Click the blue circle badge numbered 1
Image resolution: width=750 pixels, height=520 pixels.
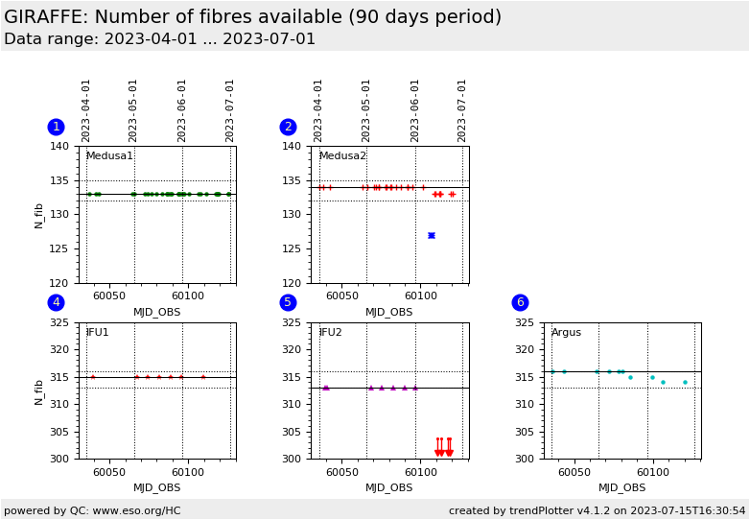pos(56,127)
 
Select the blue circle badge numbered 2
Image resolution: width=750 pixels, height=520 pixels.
pos(288,127)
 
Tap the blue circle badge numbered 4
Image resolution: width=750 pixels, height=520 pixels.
pos(56,302)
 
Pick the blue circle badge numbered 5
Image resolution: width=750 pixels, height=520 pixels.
pos(288,302)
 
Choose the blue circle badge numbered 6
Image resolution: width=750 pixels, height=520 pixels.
pos(520,302)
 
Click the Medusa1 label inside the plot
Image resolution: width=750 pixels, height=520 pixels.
pos(109,156)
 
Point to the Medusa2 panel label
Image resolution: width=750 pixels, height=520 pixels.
pos(341,156)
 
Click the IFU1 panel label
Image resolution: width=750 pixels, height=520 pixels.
pos(97,333)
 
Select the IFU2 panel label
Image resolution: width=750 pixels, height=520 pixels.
pos(330,333)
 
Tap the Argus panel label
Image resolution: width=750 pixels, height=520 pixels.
pos(566,333)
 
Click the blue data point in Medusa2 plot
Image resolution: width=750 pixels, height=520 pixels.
pos(432,235)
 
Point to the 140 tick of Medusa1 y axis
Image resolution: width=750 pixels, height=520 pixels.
pos(59,146)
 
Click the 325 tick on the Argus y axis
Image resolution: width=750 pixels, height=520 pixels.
pos(524,322)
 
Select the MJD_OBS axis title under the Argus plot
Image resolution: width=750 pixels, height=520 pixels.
pos(621,488)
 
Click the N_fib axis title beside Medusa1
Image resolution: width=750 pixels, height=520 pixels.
pos(39,215)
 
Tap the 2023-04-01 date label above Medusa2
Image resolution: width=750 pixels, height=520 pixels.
pos(318,110)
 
